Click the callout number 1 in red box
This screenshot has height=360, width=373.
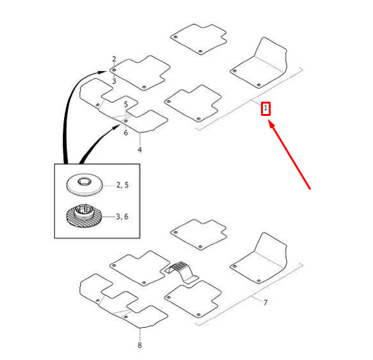pyautogui.click(x=266, y=109)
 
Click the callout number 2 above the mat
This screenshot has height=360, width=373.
pyautogui.click(x=114, y=59)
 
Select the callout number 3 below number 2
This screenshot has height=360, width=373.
pyautogui.click(x=114, y=81)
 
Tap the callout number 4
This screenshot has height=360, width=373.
pyautogui.click(x=140, y=150)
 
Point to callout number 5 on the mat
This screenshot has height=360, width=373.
pyautogui.click(x=126, y=104)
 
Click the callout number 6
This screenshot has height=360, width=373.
pyautogui.click(x=126, y=133)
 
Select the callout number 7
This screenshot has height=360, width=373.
pyautogui.click(x=266, y=302)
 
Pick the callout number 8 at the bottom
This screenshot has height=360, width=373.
pyautogui.click(x=140, y=345)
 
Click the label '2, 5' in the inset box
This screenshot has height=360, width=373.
pyautogui.click(x=122, y=185)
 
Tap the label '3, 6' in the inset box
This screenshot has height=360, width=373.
pyautogui.click(x=122, y=217)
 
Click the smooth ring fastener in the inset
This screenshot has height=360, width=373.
pyautogui.click(x=84, y=185)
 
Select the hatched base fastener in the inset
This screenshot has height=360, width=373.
pyautogui.click(x=84, y=215)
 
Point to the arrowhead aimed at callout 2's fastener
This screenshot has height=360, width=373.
pyautogui.click(x=103, y=72)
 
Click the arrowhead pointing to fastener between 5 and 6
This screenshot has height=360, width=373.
pyautogui.click(x=117, y=128)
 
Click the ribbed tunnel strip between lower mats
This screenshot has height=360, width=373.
pyautogui.click(x=182, y=272)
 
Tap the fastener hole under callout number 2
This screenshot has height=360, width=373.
pyautogui.click(x=114, y=70)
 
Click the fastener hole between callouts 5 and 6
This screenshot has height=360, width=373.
pyautogui.click(x=126, y=121)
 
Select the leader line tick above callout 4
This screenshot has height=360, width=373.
pyautogui.click(x=140, y=139)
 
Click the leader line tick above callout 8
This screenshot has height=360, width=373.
pyautogui.click(x=140, y=335)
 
